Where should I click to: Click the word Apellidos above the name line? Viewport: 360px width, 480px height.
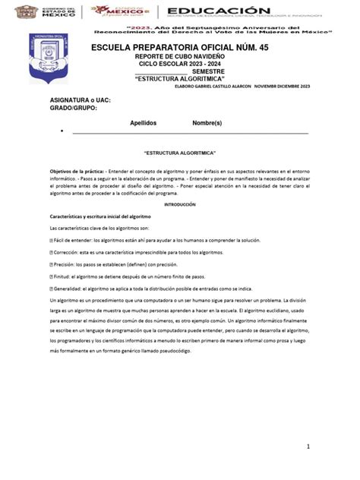[x=144, y=122]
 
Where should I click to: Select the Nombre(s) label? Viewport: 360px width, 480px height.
[x=207, y=122]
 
